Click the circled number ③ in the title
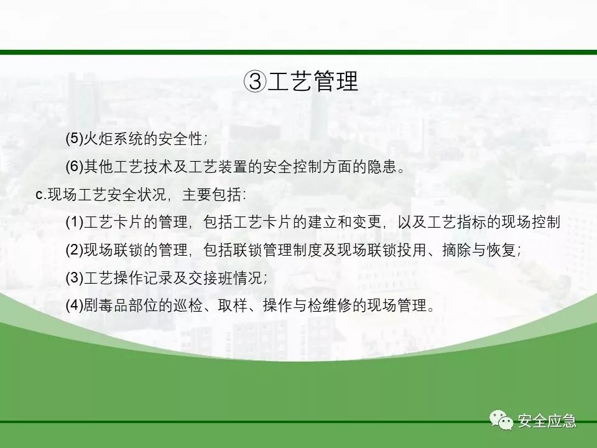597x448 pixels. (x=255, y=81)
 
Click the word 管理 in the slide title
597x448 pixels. (x=336, y=81)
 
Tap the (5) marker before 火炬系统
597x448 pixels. (x=74, y=138)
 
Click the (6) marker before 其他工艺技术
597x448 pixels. (x=74, y=167)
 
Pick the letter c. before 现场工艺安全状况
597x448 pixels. (x=41, y=195)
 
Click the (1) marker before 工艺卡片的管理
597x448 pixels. (x=74, y=222)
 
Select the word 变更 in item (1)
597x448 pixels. (x=368, y=222)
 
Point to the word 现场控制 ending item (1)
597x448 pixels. (x=531, y=222)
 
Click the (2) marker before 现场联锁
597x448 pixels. (x=74, y=250)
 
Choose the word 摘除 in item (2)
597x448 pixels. (x=457, y=250)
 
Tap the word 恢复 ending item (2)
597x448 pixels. (x=501, y=250)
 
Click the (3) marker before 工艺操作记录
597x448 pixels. (x=74, y=278)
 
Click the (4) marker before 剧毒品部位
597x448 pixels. (x=74, y=305)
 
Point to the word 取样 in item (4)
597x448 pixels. (x=233, y=305)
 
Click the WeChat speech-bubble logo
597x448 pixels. (x=501, y=420)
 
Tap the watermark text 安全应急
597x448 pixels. (x=547, y=421)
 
